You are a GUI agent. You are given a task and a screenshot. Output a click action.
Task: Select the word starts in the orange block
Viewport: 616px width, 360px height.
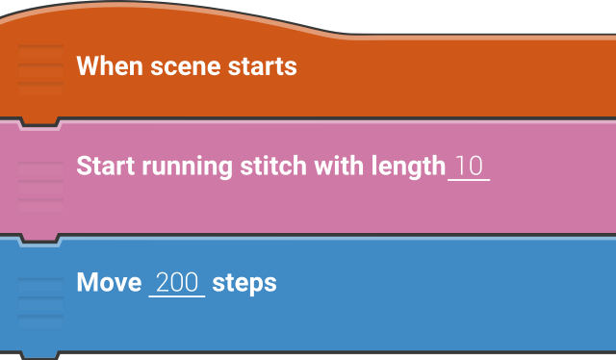[x=262, y=66]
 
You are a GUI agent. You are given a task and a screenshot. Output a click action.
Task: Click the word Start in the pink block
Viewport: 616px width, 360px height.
[x=106, y=166]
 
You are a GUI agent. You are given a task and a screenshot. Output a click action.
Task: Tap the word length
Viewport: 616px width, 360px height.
[x=408, y=167]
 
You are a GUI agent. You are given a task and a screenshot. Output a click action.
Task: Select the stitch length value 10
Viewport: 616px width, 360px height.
[x=469, y=166]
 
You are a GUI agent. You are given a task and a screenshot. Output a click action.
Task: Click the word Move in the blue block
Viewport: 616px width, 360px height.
[x=109, y=283]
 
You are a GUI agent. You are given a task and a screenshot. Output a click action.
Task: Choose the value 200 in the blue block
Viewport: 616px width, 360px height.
[x=177, y=283]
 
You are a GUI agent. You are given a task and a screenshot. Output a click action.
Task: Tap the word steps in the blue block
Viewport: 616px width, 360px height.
[x=244, y=284]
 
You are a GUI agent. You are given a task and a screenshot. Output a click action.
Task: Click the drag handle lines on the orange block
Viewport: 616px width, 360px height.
[x=39, y=66]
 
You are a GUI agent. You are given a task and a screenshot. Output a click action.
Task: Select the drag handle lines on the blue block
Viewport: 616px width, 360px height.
[x=39, y=302]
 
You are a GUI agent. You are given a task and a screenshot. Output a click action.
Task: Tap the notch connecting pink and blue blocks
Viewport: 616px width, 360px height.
[x=39, y=239]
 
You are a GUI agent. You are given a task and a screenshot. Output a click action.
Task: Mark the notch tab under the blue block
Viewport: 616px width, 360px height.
[x=39, y=355]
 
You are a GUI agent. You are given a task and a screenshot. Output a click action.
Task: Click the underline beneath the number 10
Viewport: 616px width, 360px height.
[x=469, y=180]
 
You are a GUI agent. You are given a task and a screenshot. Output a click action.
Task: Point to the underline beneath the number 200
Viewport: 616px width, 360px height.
[x=177, y=296]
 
